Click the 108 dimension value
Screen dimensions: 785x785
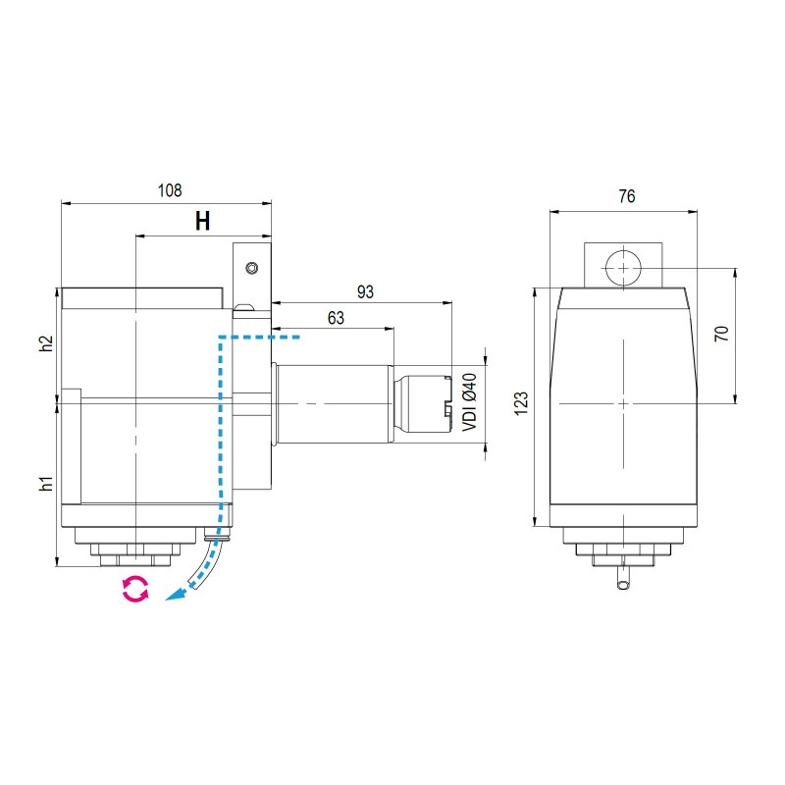coord(170,190)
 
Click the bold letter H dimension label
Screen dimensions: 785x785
coord(202,221)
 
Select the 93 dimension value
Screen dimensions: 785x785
coord(365,291)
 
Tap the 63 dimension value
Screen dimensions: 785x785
coord(336,317)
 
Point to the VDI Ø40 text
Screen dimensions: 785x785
coord(469,402)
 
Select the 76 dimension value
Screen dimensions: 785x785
coord(626,196)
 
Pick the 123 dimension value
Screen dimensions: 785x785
coord(521,402)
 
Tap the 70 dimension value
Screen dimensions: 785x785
coord(721,334)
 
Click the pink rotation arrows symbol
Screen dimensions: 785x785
coord(134,589)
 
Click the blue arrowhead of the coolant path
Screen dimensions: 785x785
coord(173,596)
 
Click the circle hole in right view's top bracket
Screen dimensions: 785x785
coord(623,267)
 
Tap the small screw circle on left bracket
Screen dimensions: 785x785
coord(252,268)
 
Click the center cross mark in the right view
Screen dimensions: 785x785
coord(623,403)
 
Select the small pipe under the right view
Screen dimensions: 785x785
coord(622,579)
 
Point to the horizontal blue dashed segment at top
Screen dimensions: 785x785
coord(259,337)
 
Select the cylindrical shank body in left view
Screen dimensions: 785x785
coord(334,402)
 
